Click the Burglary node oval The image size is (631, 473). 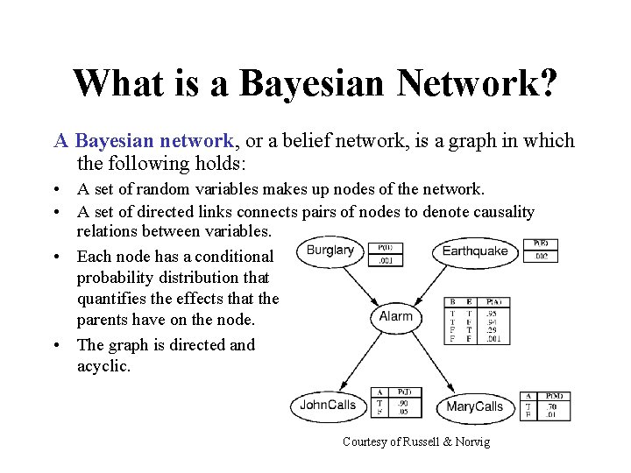point(330,251)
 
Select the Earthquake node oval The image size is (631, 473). point(475,251)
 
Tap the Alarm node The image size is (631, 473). point(395,316)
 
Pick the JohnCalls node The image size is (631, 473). point(328,406)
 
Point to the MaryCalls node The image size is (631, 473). point(474,406)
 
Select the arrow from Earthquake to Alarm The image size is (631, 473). point(438,281)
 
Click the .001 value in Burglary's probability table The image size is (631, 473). point(385,259)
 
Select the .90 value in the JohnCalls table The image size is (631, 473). point(405,402)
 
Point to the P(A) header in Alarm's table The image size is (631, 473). point(493,302)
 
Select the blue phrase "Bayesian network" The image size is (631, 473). point(154,141)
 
